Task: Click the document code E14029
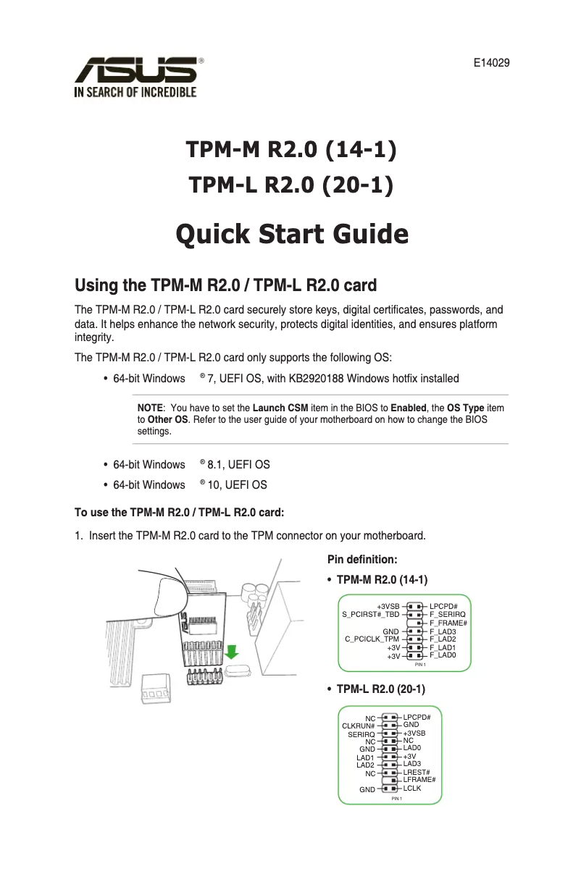491,63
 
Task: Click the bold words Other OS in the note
167,420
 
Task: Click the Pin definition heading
362,560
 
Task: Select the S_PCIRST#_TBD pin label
371,614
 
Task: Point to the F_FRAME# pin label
448,623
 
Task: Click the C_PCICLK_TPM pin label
372,639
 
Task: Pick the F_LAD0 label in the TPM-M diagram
443,655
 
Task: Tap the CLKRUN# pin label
358,726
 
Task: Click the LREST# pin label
417,773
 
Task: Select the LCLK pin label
411,787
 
